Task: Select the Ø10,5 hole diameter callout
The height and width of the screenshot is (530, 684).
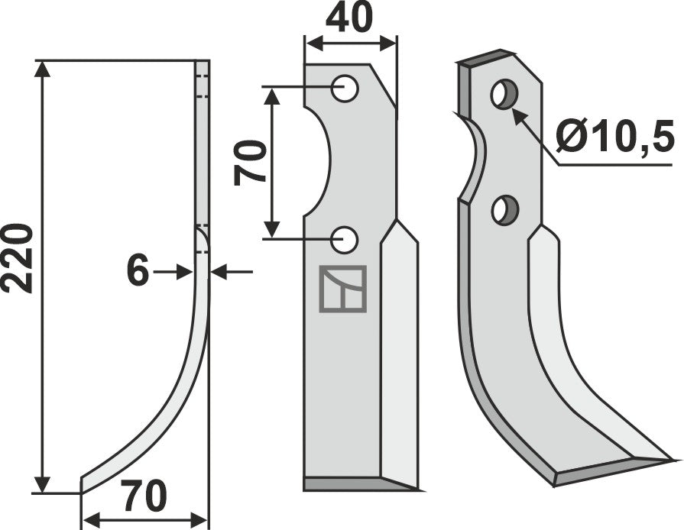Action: tap(614, 138)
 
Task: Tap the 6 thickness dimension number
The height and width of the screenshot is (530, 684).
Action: tap(138, 271)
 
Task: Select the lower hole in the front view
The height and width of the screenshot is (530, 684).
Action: tap(346, 239)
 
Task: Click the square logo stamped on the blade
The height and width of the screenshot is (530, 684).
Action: tap(343, 289)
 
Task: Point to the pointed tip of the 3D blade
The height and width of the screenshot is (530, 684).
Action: tap(670, 460)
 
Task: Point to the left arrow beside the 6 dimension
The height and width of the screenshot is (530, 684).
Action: tap(182, 271)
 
